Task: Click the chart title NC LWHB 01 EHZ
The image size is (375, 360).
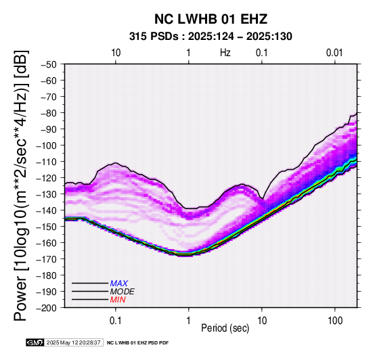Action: click(211, 19)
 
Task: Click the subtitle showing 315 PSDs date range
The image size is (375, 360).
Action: click(211, 37)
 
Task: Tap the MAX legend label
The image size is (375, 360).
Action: click(119, 284)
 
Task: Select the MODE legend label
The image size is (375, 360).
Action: click(123, 292)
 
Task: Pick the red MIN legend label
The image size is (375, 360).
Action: click(118, 300)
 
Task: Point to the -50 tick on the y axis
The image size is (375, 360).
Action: click(49, 64)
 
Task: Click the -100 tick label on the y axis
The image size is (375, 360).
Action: click(47, 145)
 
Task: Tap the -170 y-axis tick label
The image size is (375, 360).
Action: click(47, 259)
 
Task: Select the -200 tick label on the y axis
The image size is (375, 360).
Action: click(47, 308)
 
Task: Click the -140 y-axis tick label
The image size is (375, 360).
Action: click(47, 210)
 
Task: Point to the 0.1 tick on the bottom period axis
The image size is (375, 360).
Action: click(116, 321)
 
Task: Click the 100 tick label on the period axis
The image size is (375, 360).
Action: click(335, 321)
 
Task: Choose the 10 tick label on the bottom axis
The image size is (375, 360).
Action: click(262, 321)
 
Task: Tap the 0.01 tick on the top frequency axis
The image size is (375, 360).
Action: click(334, 53)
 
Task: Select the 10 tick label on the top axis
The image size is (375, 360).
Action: click(116, 53)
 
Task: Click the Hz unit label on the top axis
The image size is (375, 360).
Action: click(225, 53)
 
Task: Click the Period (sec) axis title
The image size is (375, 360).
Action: click(225, 328)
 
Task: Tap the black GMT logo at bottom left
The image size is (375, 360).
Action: click(35, 343)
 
